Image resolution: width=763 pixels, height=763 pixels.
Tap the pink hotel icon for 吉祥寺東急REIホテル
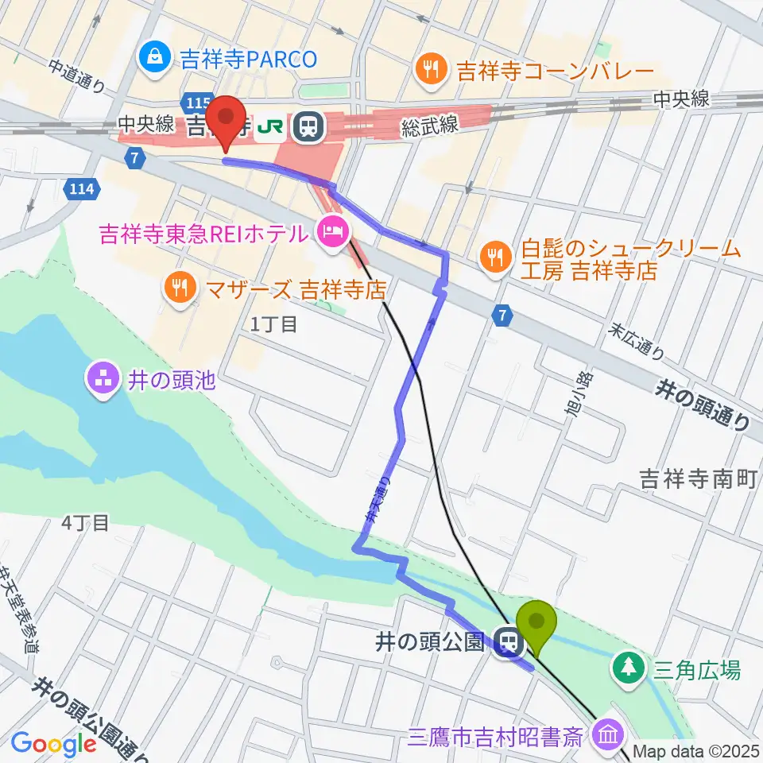pos(330,232)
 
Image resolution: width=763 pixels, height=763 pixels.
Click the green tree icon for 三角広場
pos(629,668)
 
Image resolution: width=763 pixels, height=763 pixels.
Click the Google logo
pos(52,744)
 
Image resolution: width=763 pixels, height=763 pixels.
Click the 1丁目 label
pos(273,323)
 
